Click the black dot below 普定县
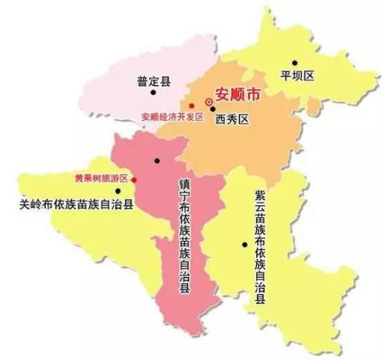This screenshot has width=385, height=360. coord(153,93)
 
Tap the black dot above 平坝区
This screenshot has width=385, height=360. coord(294,62)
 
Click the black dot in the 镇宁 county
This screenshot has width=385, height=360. coord(157,161)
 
